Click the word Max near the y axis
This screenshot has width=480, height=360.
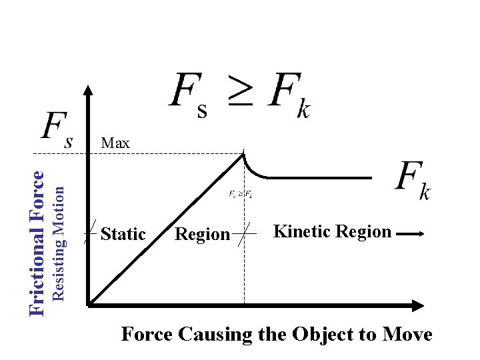pyautogui.click(x=115, y=143)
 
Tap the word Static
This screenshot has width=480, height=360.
pyautogui.click(x=123, y=234)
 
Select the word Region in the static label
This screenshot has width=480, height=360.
pyautogui.click(x=201, y=234)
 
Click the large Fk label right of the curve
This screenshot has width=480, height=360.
pyautogui.click(x=413, y=181)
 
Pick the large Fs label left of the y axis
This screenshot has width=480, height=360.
pyautogui.click(x=57, y=128)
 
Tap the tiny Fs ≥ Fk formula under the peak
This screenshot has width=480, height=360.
pyautogui.click(x=240, y=195)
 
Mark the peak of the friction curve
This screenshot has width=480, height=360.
pyautogui.click(x=243, y=154)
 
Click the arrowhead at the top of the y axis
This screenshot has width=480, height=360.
pyautogui.click(x=88, y=89)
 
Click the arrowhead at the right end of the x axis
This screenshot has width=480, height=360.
pyautogui.click(x=418, y=305)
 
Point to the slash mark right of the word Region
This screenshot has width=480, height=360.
pyautogui.click(x=247, y=234)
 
